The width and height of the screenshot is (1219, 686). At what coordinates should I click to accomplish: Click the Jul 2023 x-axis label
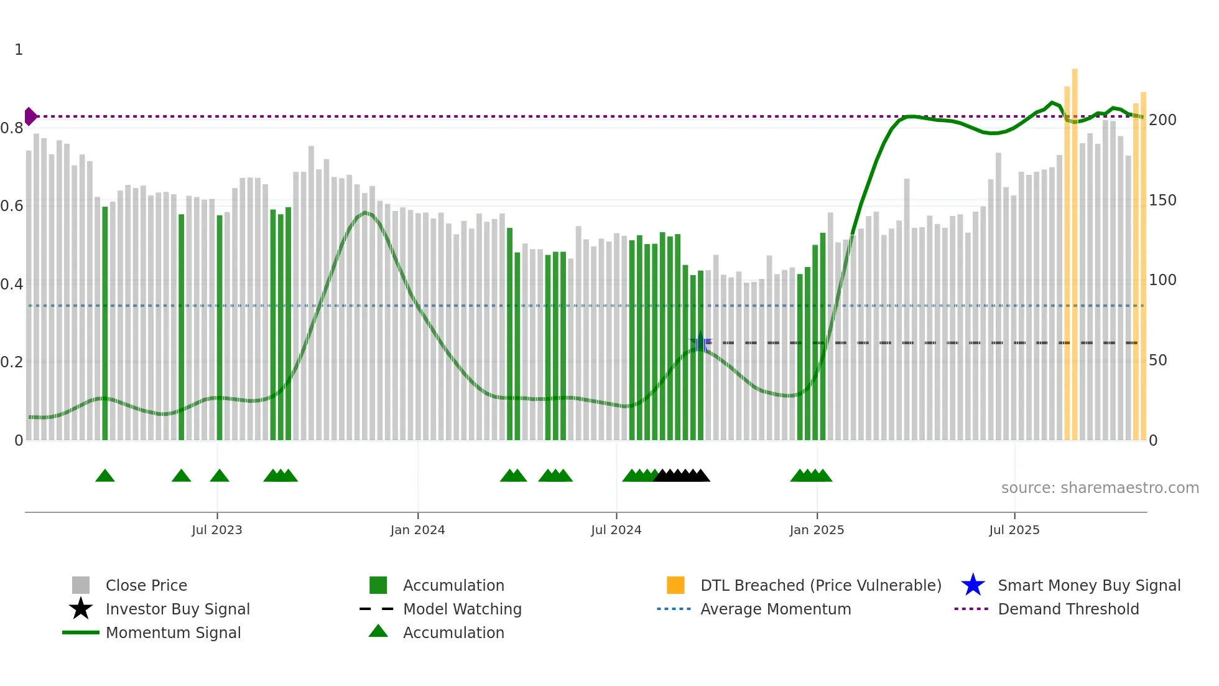[216, 530]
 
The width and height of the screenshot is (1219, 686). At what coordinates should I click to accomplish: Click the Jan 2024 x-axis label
[417, 530]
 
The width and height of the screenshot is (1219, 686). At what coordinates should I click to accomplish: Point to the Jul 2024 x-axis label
[616, 530]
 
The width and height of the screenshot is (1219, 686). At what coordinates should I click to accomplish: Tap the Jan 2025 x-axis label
[817, 530]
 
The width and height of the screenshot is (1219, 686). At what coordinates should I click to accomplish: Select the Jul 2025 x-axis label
[1014, 530]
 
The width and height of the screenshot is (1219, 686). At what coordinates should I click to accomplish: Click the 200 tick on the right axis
[1162, 120]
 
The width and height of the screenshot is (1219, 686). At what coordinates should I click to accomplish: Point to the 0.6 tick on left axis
[12, 206]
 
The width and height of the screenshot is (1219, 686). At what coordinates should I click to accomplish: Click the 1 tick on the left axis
[19, 50]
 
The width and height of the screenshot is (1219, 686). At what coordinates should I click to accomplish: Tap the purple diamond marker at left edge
[30, 116]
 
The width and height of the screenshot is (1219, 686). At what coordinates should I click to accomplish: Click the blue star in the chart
[700, 342]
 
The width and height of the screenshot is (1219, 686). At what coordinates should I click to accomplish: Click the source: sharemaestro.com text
[1100, 488]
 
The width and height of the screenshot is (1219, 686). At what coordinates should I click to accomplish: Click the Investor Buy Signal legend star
[81, 609]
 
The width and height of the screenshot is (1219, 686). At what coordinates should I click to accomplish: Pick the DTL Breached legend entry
[820, 586]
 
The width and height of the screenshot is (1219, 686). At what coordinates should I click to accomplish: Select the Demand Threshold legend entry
[1068, 609]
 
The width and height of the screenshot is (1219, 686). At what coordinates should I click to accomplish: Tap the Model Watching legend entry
[461, 609]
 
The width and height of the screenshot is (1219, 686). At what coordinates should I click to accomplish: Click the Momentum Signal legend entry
[173, 633]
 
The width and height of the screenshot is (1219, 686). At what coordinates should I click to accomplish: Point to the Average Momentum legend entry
[775, 609]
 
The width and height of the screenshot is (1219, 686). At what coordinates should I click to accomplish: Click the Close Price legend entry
[146, 586]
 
